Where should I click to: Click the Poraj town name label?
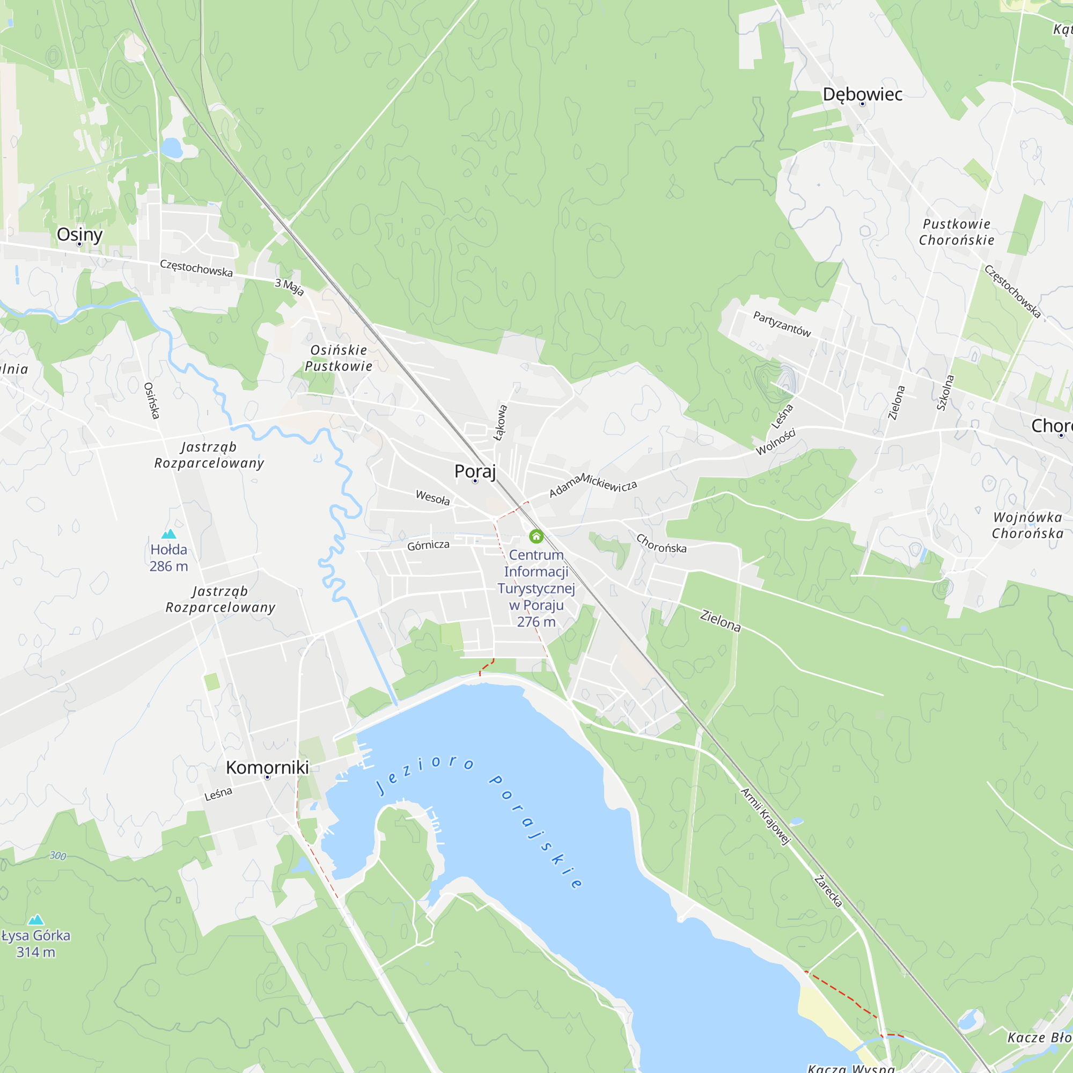[x=475, y=471]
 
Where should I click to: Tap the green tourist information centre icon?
[x=536, y=536]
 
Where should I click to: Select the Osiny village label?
[x=79, y=234]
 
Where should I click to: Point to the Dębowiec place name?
[x=862, y=94]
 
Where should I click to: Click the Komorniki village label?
[x=267, y=768]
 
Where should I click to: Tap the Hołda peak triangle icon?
[x=168, y=534]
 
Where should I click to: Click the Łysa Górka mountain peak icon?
[x=36, y=920]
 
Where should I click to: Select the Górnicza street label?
[x=428, y=546]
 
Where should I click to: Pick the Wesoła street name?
[x=432, y=497]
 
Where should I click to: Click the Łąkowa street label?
[x=501, y=423]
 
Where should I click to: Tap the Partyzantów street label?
[x=782, y=324]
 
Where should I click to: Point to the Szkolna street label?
[x=945, y=393]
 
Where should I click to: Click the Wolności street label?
[x=776, y=442]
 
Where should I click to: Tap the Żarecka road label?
[x=828, y=891]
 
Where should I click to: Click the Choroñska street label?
[x=661, y=543]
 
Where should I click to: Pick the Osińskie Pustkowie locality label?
[x=339, y=358]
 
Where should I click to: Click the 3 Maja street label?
[x=289, y=287]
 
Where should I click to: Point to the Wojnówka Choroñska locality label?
[x=1027, y=525]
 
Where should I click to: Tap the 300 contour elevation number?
[x=58, y=856]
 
